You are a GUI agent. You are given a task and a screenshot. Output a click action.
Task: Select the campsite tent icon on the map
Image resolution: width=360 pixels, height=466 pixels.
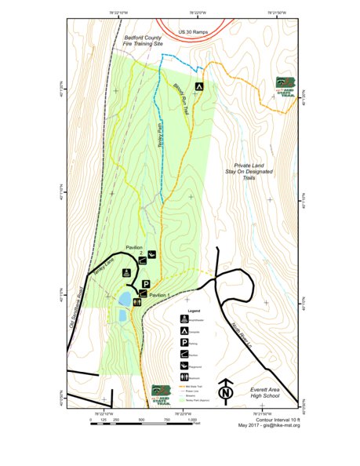(x=199, y=86)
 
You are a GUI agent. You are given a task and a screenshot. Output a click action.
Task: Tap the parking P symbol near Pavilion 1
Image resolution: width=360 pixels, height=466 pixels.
(x=145, y=284)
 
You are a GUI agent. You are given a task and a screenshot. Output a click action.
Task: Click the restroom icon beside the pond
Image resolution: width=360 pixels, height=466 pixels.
(x=138, y=300)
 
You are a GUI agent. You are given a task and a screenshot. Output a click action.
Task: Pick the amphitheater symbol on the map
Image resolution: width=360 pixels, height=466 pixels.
(x=126, y=273)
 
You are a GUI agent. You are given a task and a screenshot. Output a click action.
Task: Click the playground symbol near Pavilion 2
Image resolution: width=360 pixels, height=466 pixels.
(x=151, y=254)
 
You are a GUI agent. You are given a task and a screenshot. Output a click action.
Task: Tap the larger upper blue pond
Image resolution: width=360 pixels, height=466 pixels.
(x=125, y=299)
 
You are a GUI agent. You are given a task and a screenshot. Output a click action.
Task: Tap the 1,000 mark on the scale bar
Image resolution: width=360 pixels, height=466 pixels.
(x=191, y=420)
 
